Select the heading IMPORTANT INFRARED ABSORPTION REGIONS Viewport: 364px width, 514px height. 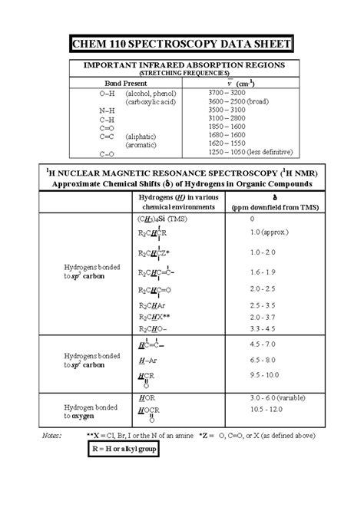(181, 66)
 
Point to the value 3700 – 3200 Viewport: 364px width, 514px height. (227, 92)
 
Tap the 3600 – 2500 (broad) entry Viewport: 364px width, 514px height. (237, 101)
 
